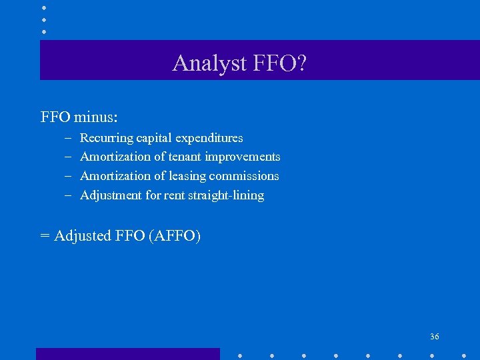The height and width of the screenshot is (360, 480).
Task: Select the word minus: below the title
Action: pyautogui.click(x=96, y=117)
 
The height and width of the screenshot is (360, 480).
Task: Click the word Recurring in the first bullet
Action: pyautogui.click(x=107, y=138)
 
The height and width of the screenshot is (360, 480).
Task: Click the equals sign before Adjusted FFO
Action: pyautogui.click(x=45, y=236)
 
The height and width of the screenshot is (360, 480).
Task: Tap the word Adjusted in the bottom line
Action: pyautogui.click(x=82, y=236)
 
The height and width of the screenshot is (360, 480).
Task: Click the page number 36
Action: pyautogui.click(x=435, y=337)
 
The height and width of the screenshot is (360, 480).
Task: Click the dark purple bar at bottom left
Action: pyautogui.click(x=127, y=353)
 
